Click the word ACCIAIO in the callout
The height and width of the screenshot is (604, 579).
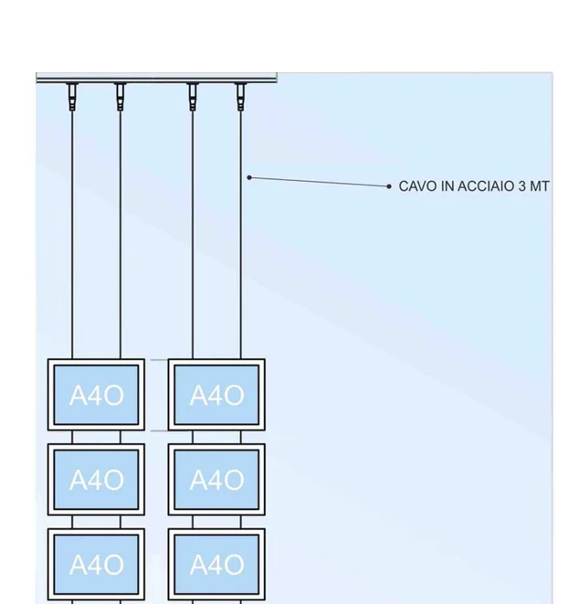coord(478,186)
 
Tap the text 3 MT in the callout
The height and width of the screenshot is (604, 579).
coord(534,186)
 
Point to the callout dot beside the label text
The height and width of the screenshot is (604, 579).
coord(389,186)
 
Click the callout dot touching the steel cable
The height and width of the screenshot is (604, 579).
coord(249,177)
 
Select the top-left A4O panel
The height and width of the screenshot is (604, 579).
coord(96,395)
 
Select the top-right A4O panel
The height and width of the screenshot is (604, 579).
coord(216,395)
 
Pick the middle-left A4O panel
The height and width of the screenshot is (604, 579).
coord(96,480)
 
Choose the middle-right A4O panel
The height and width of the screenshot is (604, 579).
coord(216,480)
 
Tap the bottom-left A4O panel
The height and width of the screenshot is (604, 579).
coord(96,565)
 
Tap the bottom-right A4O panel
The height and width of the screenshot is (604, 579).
coord(216,565)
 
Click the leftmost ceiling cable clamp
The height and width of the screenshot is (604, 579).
coord(72,96)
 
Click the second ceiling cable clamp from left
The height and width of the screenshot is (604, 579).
coord(120,96)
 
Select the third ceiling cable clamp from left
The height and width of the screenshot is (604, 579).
coord(192,96)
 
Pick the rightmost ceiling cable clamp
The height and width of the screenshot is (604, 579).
coord(240,96)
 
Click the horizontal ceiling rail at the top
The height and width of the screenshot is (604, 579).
coord(155,78)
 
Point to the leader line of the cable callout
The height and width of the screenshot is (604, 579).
coord(320,182)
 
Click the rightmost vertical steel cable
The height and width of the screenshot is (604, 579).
coord(241,274)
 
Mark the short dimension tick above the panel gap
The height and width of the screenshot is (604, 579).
coord(158,360)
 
